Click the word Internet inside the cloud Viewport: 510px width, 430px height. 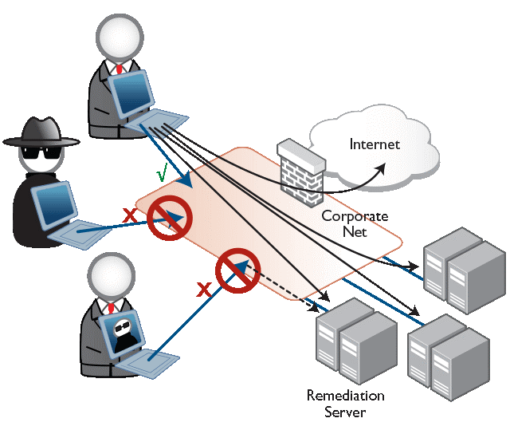(375, 144)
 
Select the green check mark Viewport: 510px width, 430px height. (163, 172)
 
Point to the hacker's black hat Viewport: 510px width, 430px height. (42, 132)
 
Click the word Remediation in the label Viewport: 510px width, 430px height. (345, 396)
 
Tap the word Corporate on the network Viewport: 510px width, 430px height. (354, 216)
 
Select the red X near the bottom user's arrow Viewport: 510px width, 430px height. (204, 290)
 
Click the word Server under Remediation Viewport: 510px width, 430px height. (345, 412)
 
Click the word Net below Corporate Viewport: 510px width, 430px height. (355, 232)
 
